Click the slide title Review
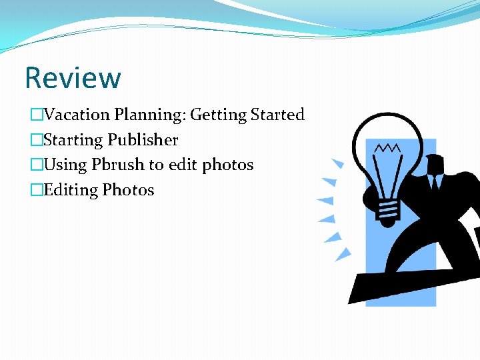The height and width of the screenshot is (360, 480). pyautogui.click(x=73, y=78)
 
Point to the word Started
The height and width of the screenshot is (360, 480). pyautogui.click(x=277, y=115)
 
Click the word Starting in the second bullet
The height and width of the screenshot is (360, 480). pyautogui.click(x=73, y=141)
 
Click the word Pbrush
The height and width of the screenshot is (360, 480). pyautogui.click(x=118, y=165)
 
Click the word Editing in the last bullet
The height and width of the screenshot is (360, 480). pyautogui.click(x=71, y=191)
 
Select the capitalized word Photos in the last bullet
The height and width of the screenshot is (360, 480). pyautogui.click(x=128, y=190)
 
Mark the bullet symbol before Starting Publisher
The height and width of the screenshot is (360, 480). pyautogui.click(x=36, y=141)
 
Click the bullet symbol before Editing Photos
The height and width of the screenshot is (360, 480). pyautogui.click(x=36, y=191)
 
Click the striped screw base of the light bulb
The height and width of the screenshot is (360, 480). pyautogui.click(x=387, y=209)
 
